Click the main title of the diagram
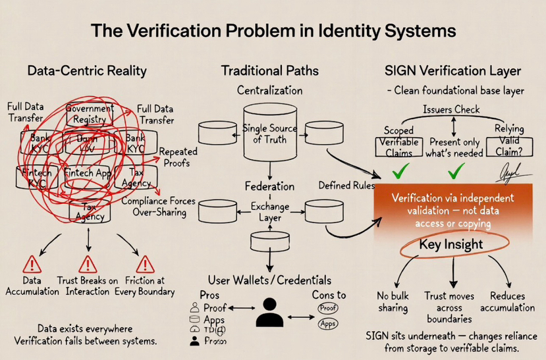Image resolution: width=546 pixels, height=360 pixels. pos(273,30)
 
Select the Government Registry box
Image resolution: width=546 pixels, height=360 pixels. pos(90,115)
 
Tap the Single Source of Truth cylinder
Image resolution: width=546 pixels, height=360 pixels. pos(269,134)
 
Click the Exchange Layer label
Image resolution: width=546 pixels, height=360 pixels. pos(269,211)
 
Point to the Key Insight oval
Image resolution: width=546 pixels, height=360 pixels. pos(451,245)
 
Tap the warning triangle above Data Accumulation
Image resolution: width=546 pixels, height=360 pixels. pos(31,265)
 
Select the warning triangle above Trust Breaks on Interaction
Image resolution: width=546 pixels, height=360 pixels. pos(88,265)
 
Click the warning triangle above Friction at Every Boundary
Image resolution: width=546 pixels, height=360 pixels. pos(144,265)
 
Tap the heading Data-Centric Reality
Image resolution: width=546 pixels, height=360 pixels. pos(87,70)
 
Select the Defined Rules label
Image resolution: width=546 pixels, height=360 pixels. pos(346,186)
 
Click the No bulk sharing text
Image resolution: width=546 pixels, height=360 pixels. pos(393,302)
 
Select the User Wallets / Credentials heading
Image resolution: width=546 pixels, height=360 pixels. pos(269,280)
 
